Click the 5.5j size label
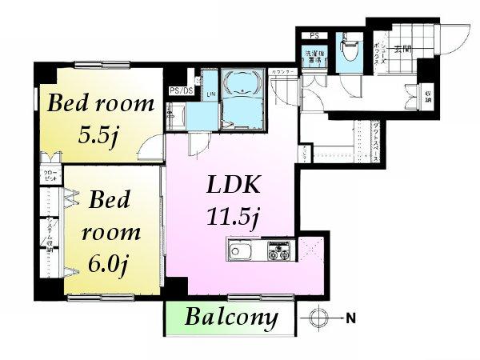(x=98, y=134)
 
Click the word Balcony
(x=232, y=318)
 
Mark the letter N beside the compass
(x=350, y=318)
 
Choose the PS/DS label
(x=182, y=91)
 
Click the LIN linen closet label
(x=211, y=95)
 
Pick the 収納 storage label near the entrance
(x=429, y=97)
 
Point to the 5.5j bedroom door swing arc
(x=147, y=148)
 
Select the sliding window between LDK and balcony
(x=232, y=298)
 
